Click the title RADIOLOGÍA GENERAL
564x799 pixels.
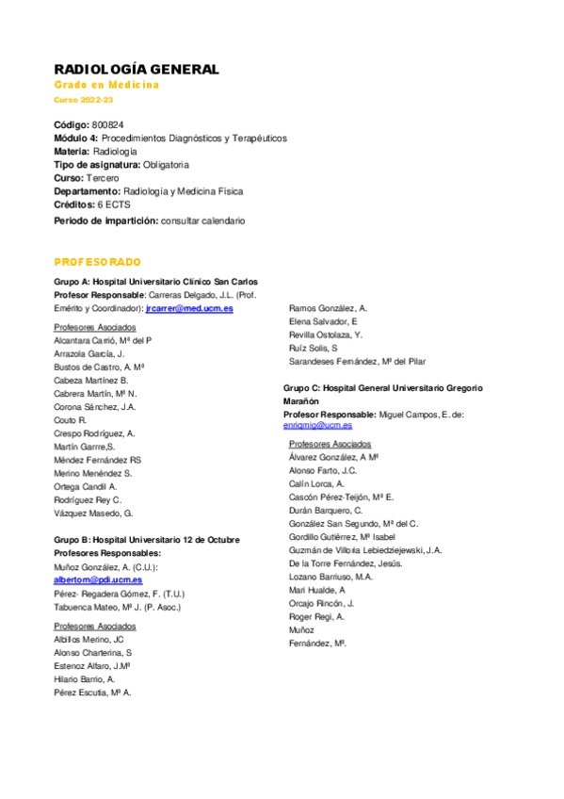click(x=137, y=70)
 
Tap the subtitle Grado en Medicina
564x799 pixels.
click(x=106, y=85)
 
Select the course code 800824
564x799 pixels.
click(x=108, y=124)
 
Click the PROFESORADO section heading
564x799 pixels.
click(x=97, y=261)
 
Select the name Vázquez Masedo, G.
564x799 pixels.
click(x=94, y=514)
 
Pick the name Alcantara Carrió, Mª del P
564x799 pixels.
click(x=103, y=339)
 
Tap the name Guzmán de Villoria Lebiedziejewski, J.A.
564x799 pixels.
click(x=365, y=549)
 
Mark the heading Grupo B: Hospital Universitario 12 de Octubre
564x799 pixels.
click(x=147, y=540)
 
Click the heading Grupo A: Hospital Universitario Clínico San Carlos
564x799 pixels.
click(x=156, y=282)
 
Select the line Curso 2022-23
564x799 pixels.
click(x=83, y=100)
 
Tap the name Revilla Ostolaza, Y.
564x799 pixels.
click(x=326, y=334)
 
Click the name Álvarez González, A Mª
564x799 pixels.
click(x=333, y=456)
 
